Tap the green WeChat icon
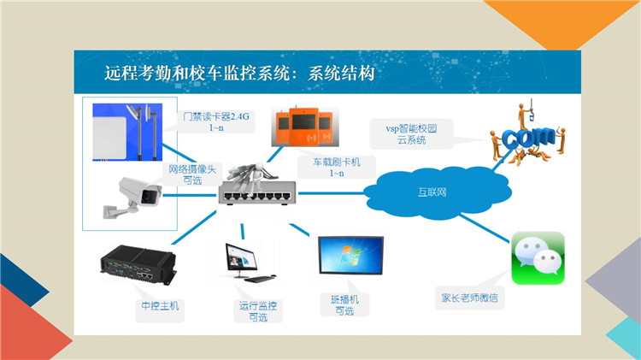coord(538,258)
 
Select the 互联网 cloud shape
coord(438,192)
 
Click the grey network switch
coord(256,192)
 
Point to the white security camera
coord(132,198)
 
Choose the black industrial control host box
coord(138,264)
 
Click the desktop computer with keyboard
coord(246,263)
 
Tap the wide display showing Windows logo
coord(350,255)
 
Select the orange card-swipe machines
coord(305,126)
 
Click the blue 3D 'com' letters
coord(528,137)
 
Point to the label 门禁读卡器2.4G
coord(216,116)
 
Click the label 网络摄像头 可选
coord(192,174)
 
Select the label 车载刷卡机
coord(337,162)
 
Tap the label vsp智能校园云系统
coord(411,134)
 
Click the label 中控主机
coord(160,305)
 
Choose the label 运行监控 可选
coord(258,311)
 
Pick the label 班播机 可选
coord(344,305)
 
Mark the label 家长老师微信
coord(469,298)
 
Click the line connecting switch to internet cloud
coord(331,193)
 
